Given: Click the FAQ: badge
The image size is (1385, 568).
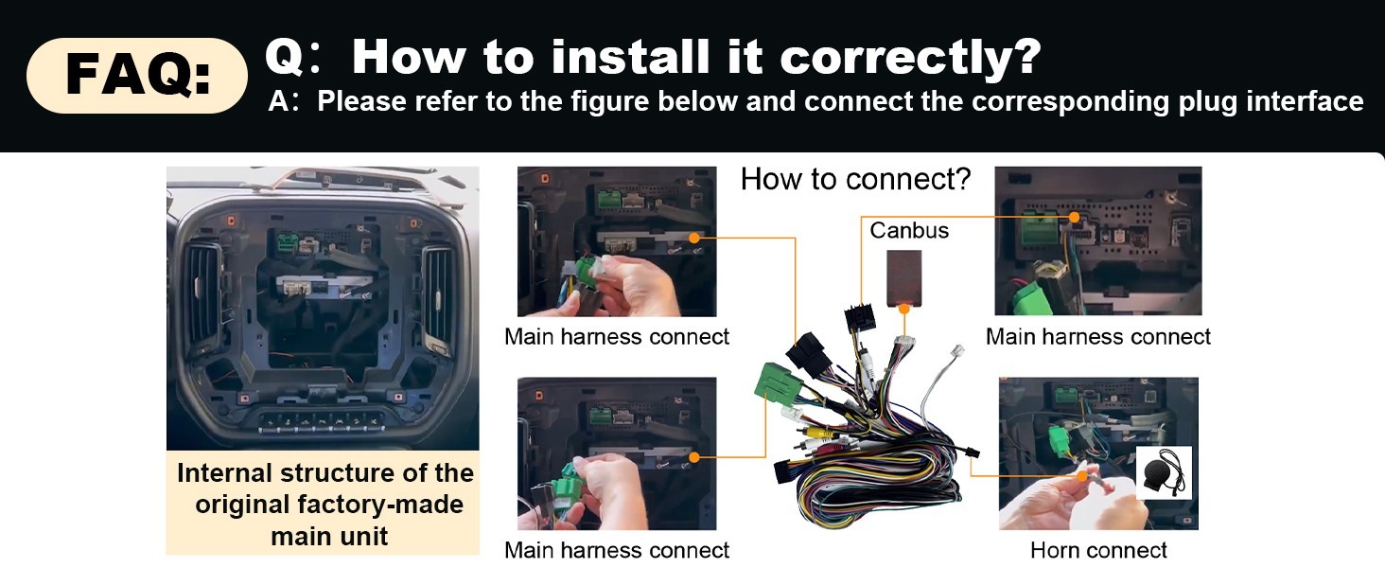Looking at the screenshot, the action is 136,76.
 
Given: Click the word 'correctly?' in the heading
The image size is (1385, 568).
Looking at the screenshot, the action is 911,58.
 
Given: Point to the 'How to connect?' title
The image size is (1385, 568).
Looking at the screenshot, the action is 856,180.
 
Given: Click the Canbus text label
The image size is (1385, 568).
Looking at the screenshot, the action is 909,230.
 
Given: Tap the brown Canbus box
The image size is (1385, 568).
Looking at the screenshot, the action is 904,277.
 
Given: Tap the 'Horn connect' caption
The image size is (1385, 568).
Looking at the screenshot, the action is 1098,550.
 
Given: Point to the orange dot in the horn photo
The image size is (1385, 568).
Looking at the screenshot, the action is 1082,476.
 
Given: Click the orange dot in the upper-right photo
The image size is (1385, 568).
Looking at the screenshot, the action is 1074,217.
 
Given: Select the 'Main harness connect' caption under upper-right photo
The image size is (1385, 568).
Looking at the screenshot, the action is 1097,337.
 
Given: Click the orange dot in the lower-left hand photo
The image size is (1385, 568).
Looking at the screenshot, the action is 693,457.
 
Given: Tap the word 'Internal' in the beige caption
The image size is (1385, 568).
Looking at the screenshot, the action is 224,473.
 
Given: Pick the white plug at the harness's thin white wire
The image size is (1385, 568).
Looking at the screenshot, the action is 957,350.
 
